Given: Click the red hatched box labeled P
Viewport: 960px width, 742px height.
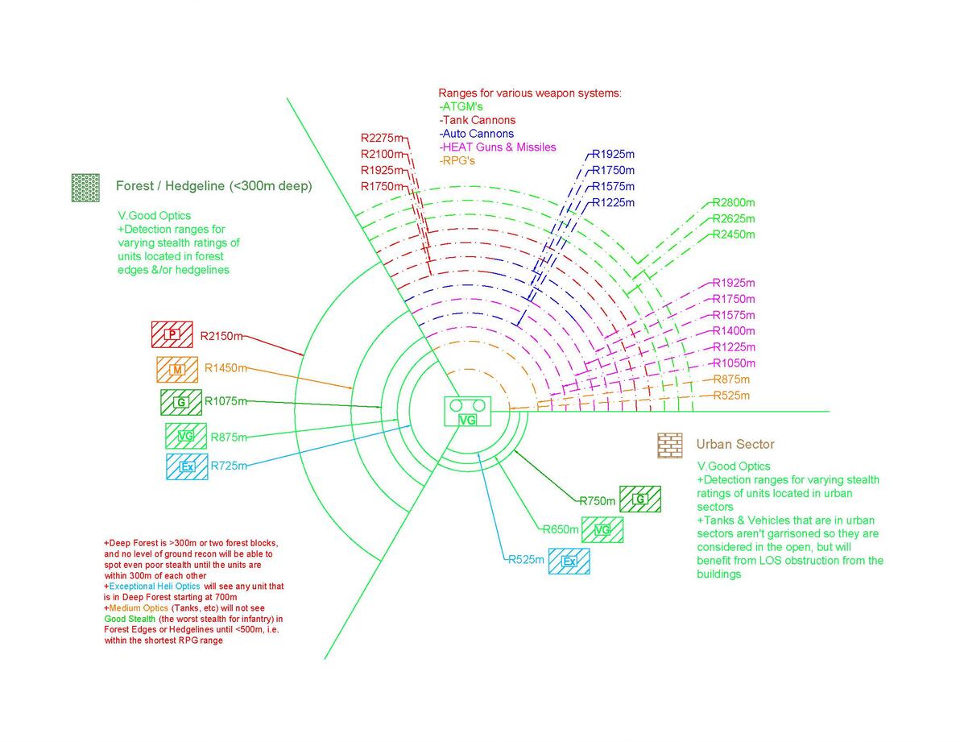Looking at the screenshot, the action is pos(172,334).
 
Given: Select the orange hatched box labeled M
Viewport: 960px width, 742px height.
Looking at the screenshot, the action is pos(177,370).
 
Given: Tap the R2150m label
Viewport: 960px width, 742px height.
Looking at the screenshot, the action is pos(221,336).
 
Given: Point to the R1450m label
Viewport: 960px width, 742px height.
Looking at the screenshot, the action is pos(226,368).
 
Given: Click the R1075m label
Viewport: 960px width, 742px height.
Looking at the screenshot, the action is pos(226,401).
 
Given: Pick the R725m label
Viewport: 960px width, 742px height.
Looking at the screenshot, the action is pos(229,466).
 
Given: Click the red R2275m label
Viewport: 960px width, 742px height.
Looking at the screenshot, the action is pos(382,139).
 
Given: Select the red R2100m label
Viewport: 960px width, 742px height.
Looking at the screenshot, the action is pos(382,154).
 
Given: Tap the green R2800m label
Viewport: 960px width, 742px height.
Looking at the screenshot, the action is pos(734,203).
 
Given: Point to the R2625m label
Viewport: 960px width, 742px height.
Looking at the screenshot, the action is pos(734,218).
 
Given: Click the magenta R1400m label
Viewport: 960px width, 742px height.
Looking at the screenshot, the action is pos(734,331).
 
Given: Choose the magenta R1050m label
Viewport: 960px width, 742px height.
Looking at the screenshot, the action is pos(734,363).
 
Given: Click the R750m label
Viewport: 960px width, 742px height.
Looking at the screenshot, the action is pos(598,501).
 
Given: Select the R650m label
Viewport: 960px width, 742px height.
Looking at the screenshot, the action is pos(561,529).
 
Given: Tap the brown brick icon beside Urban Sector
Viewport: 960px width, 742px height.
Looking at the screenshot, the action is pos(670,445).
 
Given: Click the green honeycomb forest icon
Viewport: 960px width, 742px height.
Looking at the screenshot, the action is pos(85,188).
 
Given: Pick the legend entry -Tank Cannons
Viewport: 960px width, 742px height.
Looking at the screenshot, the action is pos(478,121).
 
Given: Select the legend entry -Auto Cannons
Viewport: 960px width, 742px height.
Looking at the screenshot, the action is pos(476,134).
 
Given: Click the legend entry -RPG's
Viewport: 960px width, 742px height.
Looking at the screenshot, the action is pos(457,161).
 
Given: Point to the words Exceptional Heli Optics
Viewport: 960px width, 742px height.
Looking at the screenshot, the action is pos(155,587).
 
